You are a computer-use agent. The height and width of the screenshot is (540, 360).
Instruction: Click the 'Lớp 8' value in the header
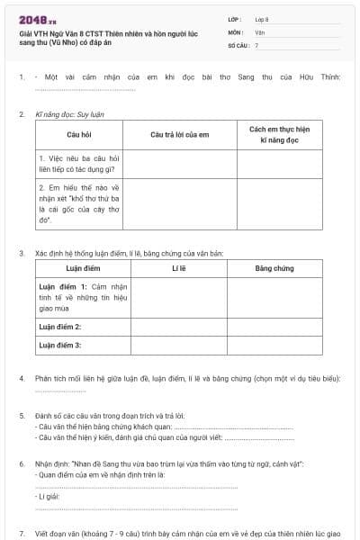(263, 19)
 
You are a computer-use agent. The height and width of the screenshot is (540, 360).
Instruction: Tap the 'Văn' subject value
(260, 31)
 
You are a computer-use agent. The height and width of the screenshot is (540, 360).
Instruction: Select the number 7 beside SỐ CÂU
(256, 44)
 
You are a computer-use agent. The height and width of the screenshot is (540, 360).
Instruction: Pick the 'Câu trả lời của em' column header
(179, 134)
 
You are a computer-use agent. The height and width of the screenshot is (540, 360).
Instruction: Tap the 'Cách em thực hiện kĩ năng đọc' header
(279, 135)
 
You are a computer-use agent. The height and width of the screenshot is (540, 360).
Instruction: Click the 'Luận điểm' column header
(84, 268)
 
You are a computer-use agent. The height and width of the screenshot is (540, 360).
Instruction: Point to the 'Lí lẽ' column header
(177, 268)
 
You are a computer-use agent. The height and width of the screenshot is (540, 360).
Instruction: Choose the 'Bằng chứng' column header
(274, 268)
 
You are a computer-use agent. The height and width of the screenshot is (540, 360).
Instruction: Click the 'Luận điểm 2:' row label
(60, 326)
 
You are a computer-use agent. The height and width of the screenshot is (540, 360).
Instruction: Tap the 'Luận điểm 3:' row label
(60, 344)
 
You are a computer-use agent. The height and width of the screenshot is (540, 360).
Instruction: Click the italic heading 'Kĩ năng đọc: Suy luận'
(69, 115)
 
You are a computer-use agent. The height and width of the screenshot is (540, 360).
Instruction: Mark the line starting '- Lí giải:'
(50, 496)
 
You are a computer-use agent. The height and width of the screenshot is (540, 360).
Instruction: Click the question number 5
(22, 416)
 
